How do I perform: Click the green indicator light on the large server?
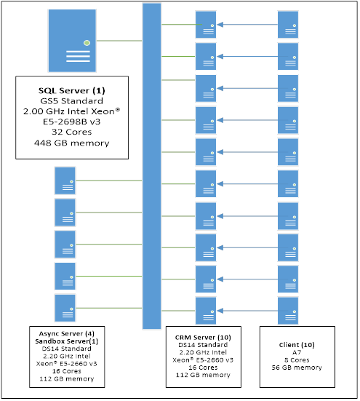(x=87, y=42)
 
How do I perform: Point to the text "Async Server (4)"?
(x=65, y=333)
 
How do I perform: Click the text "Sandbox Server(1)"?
(x=65, y=341)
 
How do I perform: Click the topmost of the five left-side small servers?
(x=65, y=180)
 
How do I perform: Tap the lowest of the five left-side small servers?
(x=65, y=308)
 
